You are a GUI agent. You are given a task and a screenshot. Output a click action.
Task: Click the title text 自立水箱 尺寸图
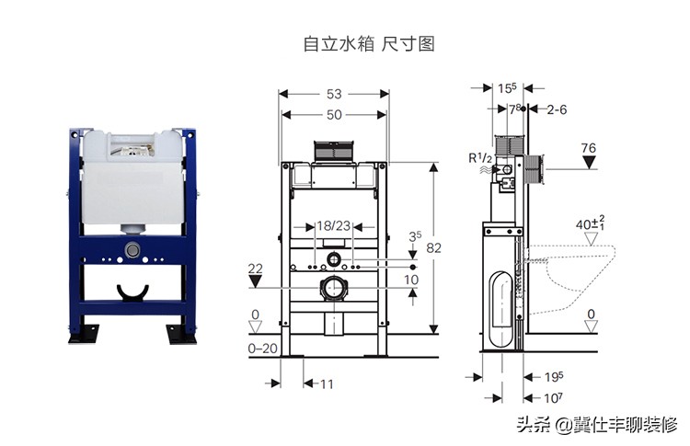(368, 43)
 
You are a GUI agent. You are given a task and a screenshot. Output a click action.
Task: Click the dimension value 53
(334, 94)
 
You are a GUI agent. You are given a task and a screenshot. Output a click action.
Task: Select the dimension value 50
(333, 114)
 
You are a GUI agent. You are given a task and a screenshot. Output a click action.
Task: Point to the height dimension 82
(446, 248)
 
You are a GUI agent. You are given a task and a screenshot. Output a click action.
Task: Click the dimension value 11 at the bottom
(327, 383)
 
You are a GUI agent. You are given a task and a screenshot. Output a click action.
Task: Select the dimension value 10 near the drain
(411, 279)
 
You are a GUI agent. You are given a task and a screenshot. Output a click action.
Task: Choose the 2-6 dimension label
(557, 109)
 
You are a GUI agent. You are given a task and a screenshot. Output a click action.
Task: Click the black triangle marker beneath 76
(590, 165)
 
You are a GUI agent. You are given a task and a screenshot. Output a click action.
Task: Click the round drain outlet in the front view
(333, 288)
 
